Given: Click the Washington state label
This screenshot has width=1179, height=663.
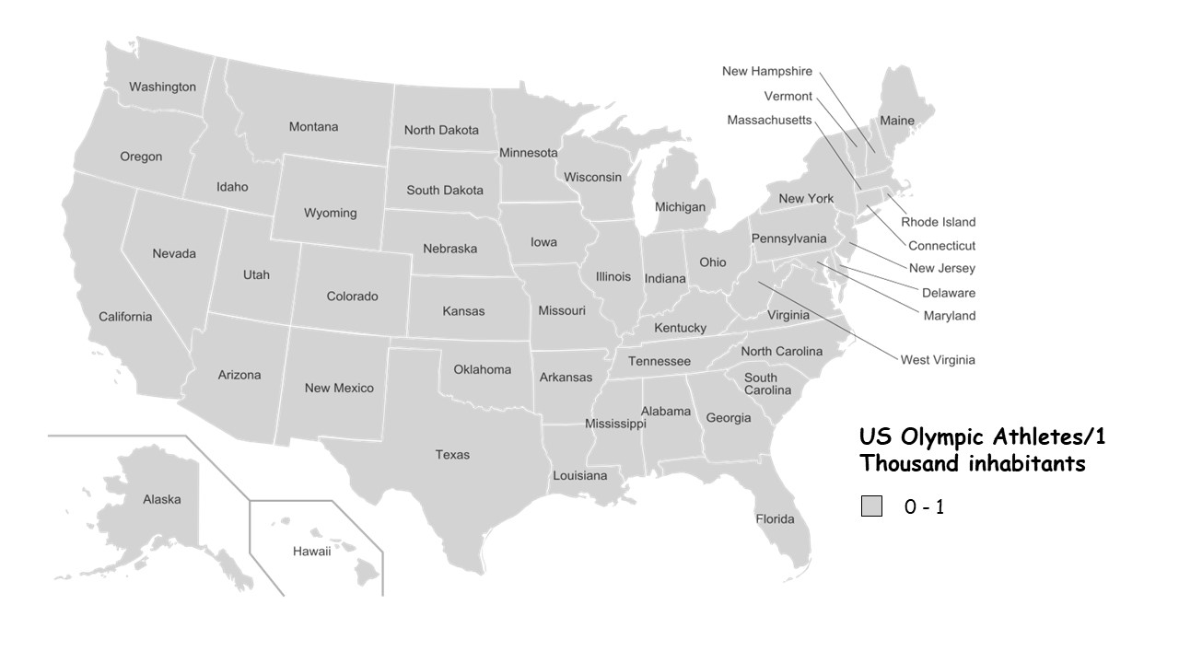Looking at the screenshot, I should tap(162, 87).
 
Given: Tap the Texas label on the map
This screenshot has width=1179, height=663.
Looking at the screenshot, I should tap(452, 454).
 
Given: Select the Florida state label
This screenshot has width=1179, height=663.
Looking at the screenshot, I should tap(775, 518).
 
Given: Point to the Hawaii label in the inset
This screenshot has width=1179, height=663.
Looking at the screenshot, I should tap(311, 551).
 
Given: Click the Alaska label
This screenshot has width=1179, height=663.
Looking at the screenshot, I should tap(162, 499).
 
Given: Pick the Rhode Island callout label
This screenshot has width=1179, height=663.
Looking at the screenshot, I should tap(938, 222).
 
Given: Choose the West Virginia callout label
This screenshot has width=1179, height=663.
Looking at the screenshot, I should tap(937, 360).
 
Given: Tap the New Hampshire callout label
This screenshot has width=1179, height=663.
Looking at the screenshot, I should tap(766, 71).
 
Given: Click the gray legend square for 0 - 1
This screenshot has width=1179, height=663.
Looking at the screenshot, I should tap(871, 506).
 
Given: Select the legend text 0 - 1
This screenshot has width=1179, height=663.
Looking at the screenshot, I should tap(924, 506).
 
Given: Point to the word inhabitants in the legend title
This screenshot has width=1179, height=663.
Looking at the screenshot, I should tap(1026, 463).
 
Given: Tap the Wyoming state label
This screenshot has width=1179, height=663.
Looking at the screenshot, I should tap(330, 213).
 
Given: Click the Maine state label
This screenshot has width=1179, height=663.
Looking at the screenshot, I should tap(896, 121).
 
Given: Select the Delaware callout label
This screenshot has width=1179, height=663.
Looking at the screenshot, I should tap(948, 293).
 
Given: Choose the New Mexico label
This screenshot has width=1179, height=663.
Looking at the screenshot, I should tap(339, 388).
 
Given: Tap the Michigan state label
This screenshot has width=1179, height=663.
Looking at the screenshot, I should tap(680, 207).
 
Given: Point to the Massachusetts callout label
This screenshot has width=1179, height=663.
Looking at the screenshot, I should tap(769, 120).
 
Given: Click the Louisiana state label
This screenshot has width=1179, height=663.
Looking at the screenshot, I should tap(579, 475).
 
